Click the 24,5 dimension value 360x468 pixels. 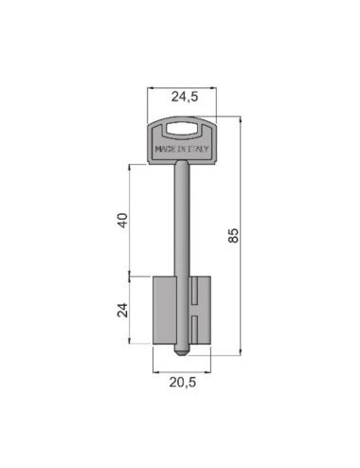[185, 97]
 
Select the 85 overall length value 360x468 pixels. [233, 235]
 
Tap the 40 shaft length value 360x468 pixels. [123, 221]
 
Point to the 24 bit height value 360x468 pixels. [123, 310]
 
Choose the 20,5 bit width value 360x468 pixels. [183, 383]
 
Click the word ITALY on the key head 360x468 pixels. [198, 149]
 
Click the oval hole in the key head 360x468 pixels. [182, 128]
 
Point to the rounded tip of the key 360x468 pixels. [182, 353]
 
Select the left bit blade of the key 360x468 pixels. [164, 310]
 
